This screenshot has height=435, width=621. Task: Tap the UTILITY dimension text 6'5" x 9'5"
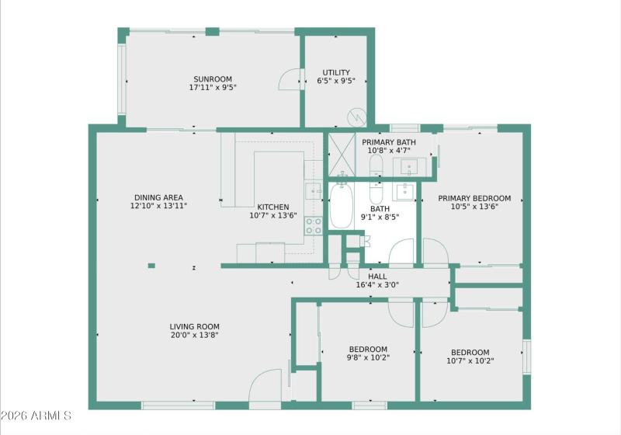(336, 81)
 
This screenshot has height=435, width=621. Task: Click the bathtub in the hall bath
(341, 206)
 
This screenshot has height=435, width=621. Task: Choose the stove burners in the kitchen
(313, 226)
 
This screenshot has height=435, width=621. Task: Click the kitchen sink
(312, 190)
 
